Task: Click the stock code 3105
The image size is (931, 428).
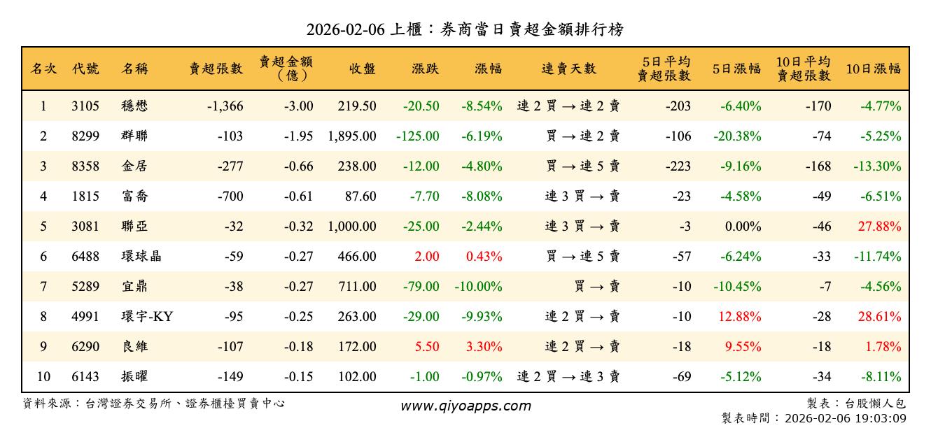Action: tap(85, 106)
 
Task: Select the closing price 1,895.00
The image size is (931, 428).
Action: tap(351, 136)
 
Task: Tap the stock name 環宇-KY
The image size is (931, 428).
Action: tap(146, 317)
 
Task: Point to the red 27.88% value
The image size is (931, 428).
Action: tap(880, 227)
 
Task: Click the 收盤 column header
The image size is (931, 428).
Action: tap(361, 69)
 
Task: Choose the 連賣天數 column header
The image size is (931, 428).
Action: tap(568, 69)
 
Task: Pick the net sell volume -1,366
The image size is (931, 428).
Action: tap(225, 106)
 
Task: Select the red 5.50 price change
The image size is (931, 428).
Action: tap(426, 347)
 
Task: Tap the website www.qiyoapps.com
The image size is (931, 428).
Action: tap(465, 406)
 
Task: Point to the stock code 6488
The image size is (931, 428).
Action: tap(85, 257)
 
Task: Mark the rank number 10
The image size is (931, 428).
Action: tap(43, 377)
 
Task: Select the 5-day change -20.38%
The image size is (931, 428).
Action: tap(737, 136)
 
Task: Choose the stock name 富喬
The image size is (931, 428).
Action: tap(134, 197)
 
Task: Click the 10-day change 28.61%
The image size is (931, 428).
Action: tap(880, 317)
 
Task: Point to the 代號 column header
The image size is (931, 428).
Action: tap(85, 69)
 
